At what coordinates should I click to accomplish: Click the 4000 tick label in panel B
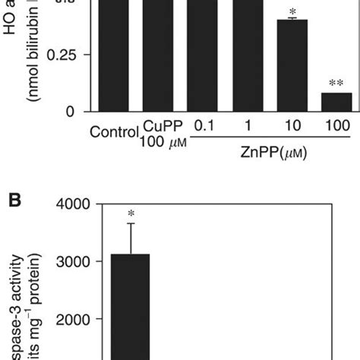pos(71,204)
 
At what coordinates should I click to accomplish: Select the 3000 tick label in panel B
pos(71,262)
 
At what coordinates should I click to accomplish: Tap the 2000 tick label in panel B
pos(71,320)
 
